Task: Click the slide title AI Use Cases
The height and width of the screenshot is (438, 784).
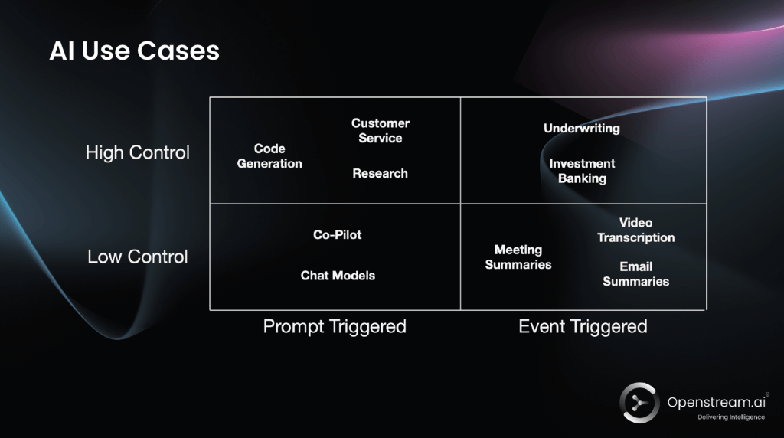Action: (134, 51)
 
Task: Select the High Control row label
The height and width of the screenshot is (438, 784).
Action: (138, 152)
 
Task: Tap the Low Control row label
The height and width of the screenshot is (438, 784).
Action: (138, 257)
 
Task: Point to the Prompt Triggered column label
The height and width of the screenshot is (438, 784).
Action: (335, 326)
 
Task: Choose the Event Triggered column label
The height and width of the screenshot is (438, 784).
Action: (583, 326)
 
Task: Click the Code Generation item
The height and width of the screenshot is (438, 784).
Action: (269, 156)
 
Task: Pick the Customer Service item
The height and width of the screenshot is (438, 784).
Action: (381, 131)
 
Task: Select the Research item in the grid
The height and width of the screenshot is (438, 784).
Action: (380, 174)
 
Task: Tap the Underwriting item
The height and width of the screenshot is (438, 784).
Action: (582, 129)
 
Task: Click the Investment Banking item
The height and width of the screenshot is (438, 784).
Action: (582, 171)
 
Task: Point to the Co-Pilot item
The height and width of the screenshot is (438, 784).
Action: (338, 235)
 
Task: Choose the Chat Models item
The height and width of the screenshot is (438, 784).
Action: (338, 276)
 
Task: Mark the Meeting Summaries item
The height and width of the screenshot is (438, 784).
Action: (518, 257)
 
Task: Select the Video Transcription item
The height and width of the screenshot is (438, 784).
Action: (635, 230)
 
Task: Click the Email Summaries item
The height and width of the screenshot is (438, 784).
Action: (635, 274)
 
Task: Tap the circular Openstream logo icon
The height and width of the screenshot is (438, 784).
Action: (639, 403)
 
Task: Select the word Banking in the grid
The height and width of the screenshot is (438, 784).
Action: (582, 178)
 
